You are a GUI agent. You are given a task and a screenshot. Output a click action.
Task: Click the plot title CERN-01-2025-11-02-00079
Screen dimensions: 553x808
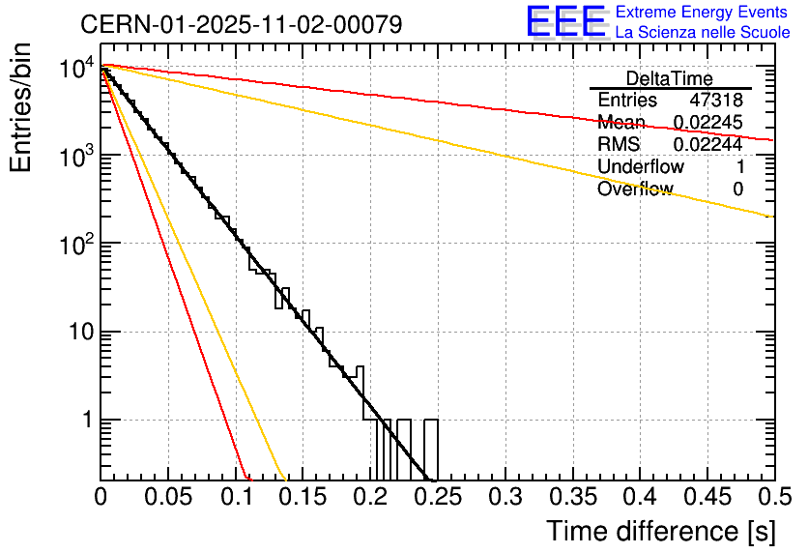coord(241,24)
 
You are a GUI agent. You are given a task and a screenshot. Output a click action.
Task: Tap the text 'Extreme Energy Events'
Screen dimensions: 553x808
coord(703,13)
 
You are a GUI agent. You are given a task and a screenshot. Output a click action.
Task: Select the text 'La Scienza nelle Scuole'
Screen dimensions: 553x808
coord(703,33)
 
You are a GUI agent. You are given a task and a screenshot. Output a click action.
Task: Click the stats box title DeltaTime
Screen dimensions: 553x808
coord(670,78)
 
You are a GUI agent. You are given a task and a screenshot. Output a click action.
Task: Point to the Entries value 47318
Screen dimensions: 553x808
coord(716,101)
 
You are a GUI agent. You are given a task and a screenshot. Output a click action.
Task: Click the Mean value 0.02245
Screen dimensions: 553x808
coord(707,123)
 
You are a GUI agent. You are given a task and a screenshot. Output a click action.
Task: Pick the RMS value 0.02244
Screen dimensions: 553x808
coord(707,145)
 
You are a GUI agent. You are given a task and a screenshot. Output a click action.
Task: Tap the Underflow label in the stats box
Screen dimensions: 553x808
coord(640,167)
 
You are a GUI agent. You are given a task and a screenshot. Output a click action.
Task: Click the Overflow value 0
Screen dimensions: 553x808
coord(737,189)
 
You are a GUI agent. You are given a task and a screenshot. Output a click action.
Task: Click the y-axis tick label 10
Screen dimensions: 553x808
coord(76,332)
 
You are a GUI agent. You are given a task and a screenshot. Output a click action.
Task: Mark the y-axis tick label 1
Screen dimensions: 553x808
coord(84,421)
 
